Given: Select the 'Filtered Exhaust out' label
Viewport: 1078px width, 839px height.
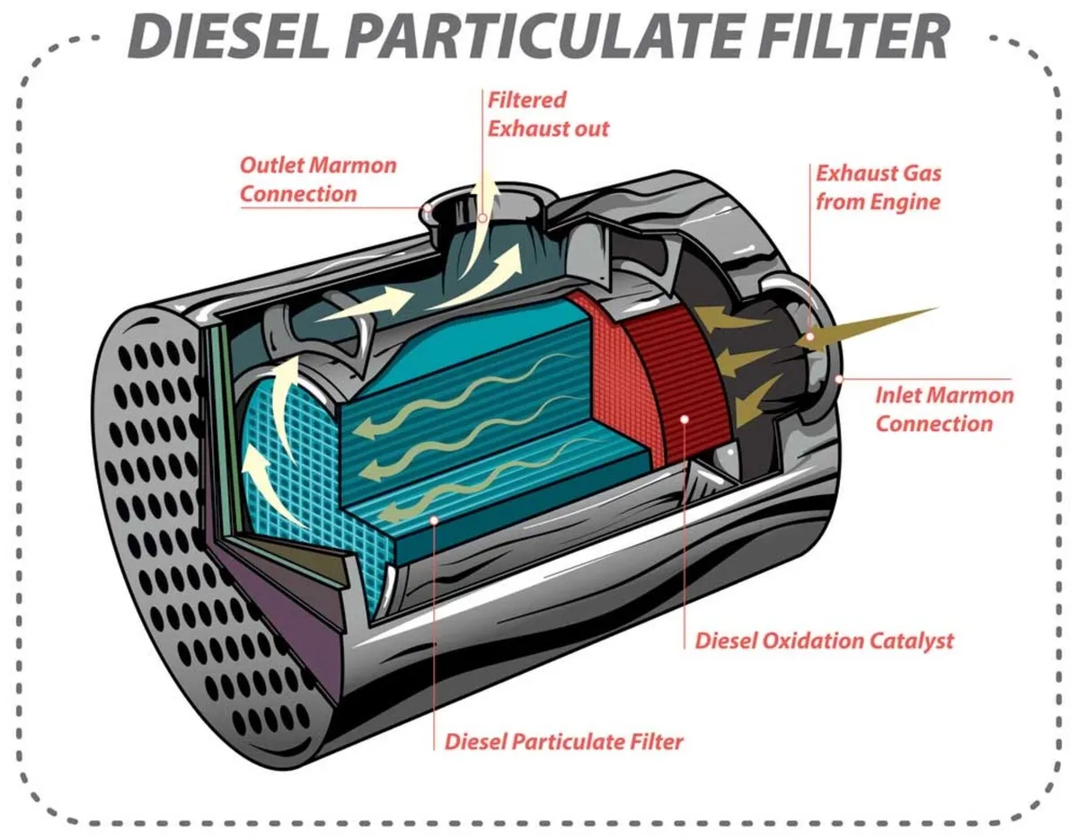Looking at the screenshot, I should [x=547, y=114].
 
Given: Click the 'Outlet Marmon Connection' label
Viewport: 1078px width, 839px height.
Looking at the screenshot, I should [x=317, y=179].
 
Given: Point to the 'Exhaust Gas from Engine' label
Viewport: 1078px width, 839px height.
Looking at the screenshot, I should [x=878, y=187].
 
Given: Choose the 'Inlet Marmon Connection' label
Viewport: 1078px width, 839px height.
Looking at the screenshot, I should [x=944, y=409].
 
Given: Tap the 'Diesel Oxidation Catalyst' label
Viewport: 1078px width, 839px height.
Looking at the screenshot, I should [x=824, y=640].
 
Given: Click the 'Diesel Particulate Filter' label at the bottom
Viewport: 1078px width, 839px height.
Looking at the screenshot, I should [x=564, y=742].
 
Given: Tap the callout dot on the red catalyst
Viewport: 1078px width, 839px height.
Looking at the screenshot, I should [x=685, y=418].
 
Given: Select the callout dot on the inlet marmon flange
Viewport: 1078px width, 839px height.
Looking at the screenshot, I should [x=839, y=378].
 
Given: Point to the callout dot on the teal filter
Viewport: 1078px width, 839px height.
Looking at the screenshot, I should [x=434, y=518].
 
